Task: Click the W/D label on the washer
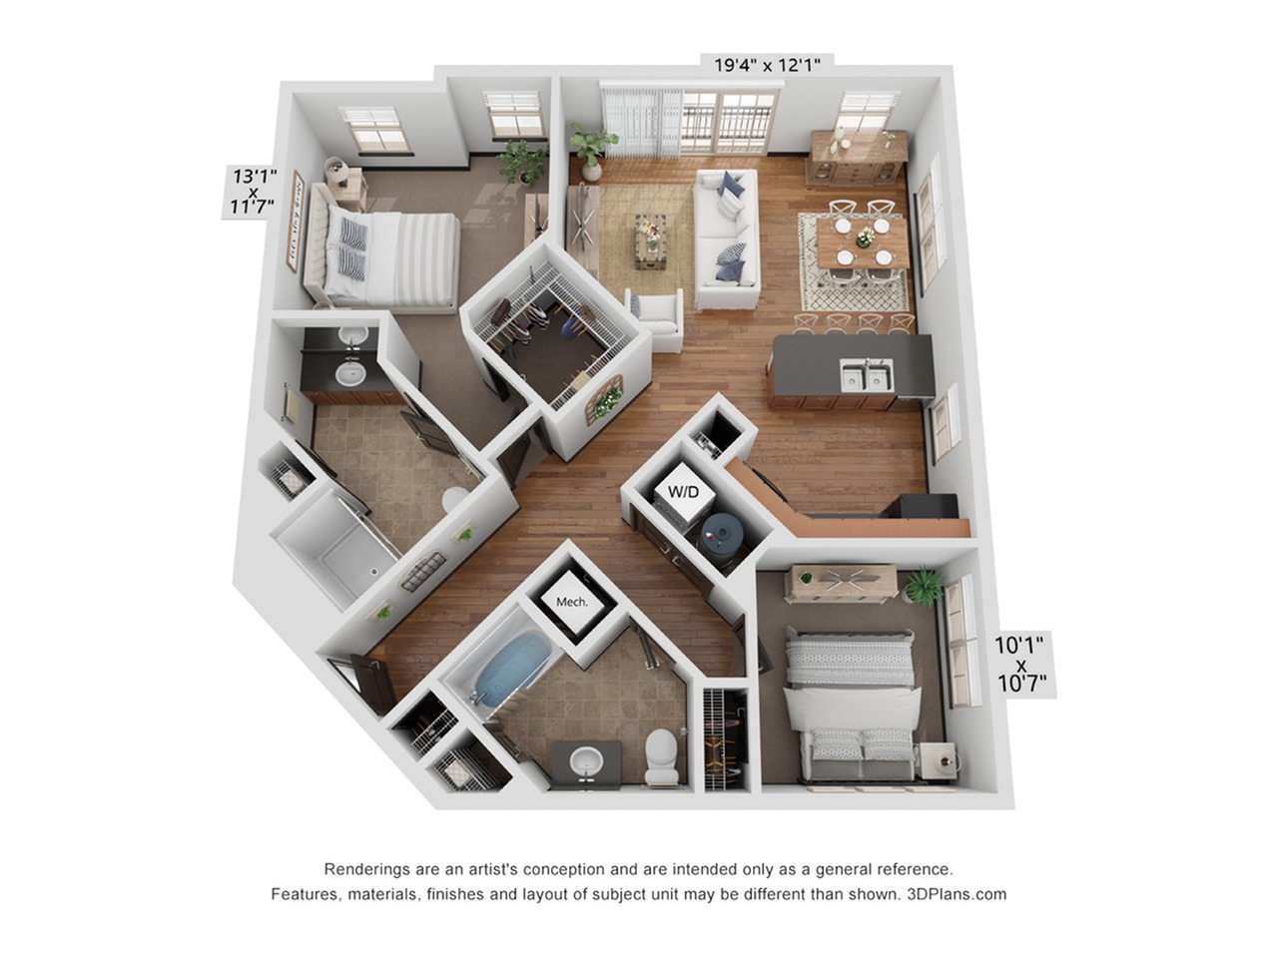pos(683,492)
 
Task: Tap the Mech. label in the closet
pos(571,602)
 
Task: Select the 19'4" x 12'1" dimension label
pos(767,66)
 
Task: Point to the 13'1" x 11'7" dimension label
pos(254,192)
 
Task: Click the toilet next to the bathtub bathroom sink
pos(660,755)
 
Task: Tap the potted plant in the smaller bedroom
pos(924,586)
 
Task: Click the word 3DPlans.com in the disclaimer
pos(958,894)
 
